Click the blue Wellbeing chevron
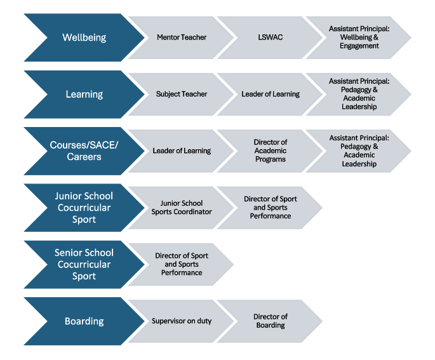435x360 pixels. point(84,37)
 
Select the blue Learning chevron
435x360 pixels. point(84,94)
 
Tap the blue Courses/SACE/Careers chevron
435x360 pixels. point(84,150)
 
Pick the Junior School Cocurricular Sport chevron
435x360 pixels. point(84,208)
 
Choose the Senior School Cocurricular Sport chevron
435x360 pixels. point(84,264)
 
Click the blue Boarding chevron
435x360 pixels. point(84,321)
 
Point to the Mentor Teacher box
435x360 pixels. point(182,37)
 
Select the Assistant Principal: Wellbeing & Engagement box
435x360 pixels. point(359,37)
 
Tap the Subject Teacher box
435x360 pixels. point(182,94)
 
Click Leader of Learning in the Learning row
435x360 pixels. point(271,94)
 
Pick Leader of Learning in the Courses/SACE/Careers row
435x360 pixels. point(182,150)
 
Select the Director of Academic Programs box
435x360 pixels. point(271,150)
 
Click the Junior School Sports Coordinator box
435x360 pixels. point(182,208)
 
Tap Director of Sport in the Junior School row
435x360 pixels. point(271,208)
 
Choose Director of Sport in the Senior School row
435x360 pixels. point(182,264)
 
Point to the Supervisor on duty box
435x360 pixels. point(182,321)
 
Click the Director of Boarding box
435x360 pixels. point(271,321)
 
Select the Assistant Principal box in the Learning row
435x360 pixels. point(359,94)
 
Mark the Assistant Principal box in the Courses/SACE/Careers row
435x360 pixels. point(359,150)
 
